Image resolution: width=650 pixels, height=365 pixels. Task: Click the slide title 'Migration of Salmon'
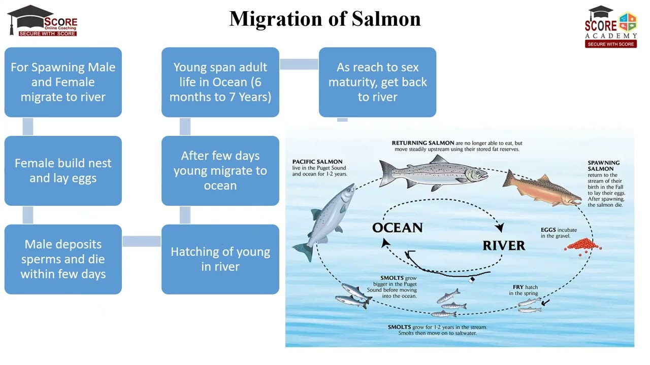(324, 19)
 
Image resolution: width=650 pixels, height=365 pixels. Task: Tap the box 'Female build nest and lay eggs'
(63, 171)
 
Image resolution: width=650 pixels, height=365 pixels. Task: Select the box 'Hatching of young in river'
(220, 259)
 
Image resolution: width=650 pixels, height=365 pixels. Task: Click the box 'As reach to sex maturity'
(377, 82)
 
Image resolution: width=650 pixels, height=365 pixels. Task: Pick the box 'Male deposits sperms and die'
(63, 259)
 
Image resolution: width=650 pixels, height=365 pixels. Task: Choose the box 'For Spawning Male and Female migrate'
(63, 82)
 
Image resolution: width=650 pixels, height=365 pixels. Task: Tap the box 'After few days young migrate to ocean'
(220, 171)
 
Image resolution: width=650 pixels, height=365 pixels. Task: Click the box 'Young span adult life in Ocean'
(220, 82)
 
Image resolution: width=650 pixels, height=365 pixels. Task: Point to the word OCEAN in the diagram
(398, 228)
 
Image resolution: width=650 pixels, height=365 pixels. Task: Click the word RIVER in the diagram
(504, 246)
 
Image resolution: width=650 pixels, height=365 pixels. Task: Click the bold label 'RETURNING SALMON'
(423, 143)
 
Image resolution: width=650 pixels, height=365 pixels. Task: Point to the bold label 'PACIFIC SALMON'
(317, 162)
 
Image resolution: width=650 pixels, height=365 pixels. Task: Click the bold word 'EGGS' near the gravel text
(548, 230)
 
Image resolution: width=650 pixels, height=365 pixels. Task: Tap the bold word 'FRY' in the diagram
(518, 287)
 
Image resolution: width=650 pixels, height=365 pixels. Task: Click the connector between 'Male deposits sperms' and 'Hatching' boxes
(142, 241)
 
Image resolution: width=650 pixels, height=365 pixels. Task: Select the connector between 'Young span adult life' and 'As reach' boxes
(299, 64)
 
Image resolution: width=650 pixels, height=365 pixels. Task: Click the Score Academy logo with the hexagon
(611, 27)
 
